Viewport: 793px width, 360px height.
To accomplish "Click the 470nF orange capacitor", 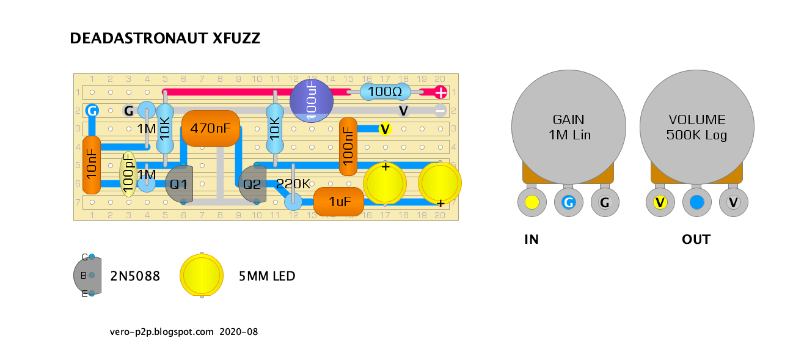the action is coord(211,128).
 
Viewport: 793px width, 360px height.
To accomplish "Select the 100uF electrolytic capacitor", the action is coord(312,101).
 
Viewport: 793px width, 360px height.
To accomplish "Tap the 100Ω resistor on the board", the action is coord(385,92).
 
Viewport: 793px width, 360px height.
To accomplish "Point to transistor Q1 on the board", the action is coord(179,184).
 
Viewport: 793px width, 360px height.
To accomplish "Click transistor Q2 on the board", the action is coord(252,184).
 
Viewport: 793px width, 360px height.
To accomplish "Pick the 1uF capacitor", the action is coord(339,202).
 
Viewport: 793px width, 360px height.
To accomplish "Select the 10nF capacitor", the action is coord(92,165).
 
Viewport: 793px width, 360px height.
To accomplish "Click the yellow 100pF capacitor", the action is coord(128,174).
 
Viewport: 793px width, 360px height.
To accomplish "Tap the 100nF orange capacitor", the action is coord(348,146).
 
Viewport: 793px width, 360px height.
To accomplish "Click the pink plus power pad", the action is coord(440,92).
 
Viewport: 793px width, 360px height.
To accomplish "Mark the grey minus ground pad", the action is coord(440,111).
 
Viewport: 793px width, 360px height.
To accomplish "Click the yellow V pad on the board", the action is coord(385,129).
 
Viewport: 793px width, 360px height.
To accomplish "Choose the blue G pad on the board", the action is coord(92,111).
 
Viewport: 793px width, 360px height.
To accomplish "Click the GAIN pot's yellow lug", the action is coord(532,202).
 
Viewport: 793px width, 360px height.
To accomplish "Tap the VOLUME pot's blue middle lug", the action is coord(696,202).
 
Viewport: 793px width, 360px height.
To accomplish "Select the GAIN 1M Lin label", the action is coord(569,127).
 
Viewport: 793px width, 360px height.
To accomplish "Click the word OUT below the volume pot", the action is coord(696,240).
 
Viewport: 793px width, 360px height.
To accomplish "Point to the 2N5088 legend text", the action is coord(135,276).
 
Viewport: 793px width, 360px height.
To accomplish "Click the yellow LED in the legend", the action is coord(202,275).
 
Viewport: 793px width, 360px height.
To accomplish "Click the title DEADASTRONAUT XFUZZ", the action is coord(165,39).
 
